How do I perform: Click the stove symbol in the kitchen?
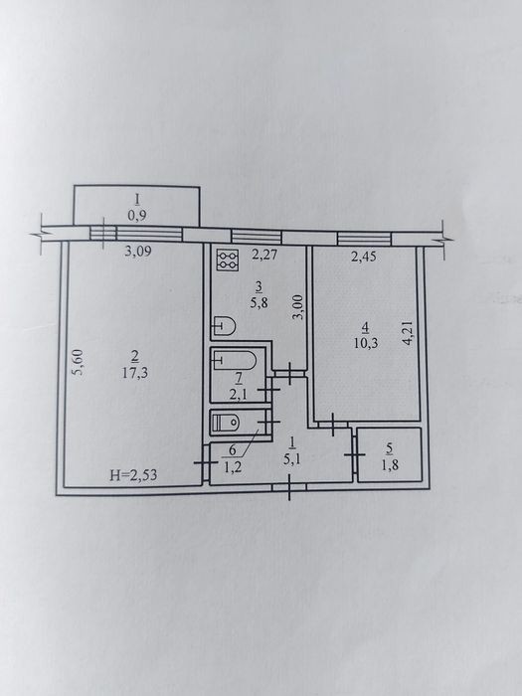coord(228,260)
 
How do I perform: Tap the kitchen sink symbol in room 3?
coord(224,326)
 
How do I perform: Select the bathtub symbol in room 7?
coord(234,360)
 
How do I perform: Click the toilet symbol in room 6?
coord(225,423)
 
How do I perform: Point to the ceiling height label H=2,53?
coord(133,475)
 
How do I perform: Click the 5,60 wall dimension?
coord(78,363)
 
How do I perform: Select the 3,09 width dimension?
coord(138,252)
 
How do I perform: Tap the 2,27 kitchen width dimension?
coord(264,256)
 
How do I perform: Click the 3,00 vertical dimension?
coord(299,307)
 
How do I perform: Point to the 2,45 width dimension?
coord(364,257)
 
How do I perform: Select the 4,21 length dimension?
coord(409,333)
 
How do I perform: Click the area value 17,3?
coord(135,373)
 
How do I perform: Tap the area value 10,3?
coord(366,343)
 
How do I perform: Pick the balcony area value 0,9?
coord(137,216)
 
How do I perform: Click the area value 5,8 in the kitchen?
coord(260,303)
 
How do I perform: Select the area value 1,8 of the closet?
coord(389,465)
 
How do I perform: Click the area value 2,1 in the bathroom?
coord(239,394)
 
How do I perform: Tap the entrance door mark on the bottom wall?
coord(289,487)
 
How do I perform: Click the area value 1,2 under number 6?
coord(233,466)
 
